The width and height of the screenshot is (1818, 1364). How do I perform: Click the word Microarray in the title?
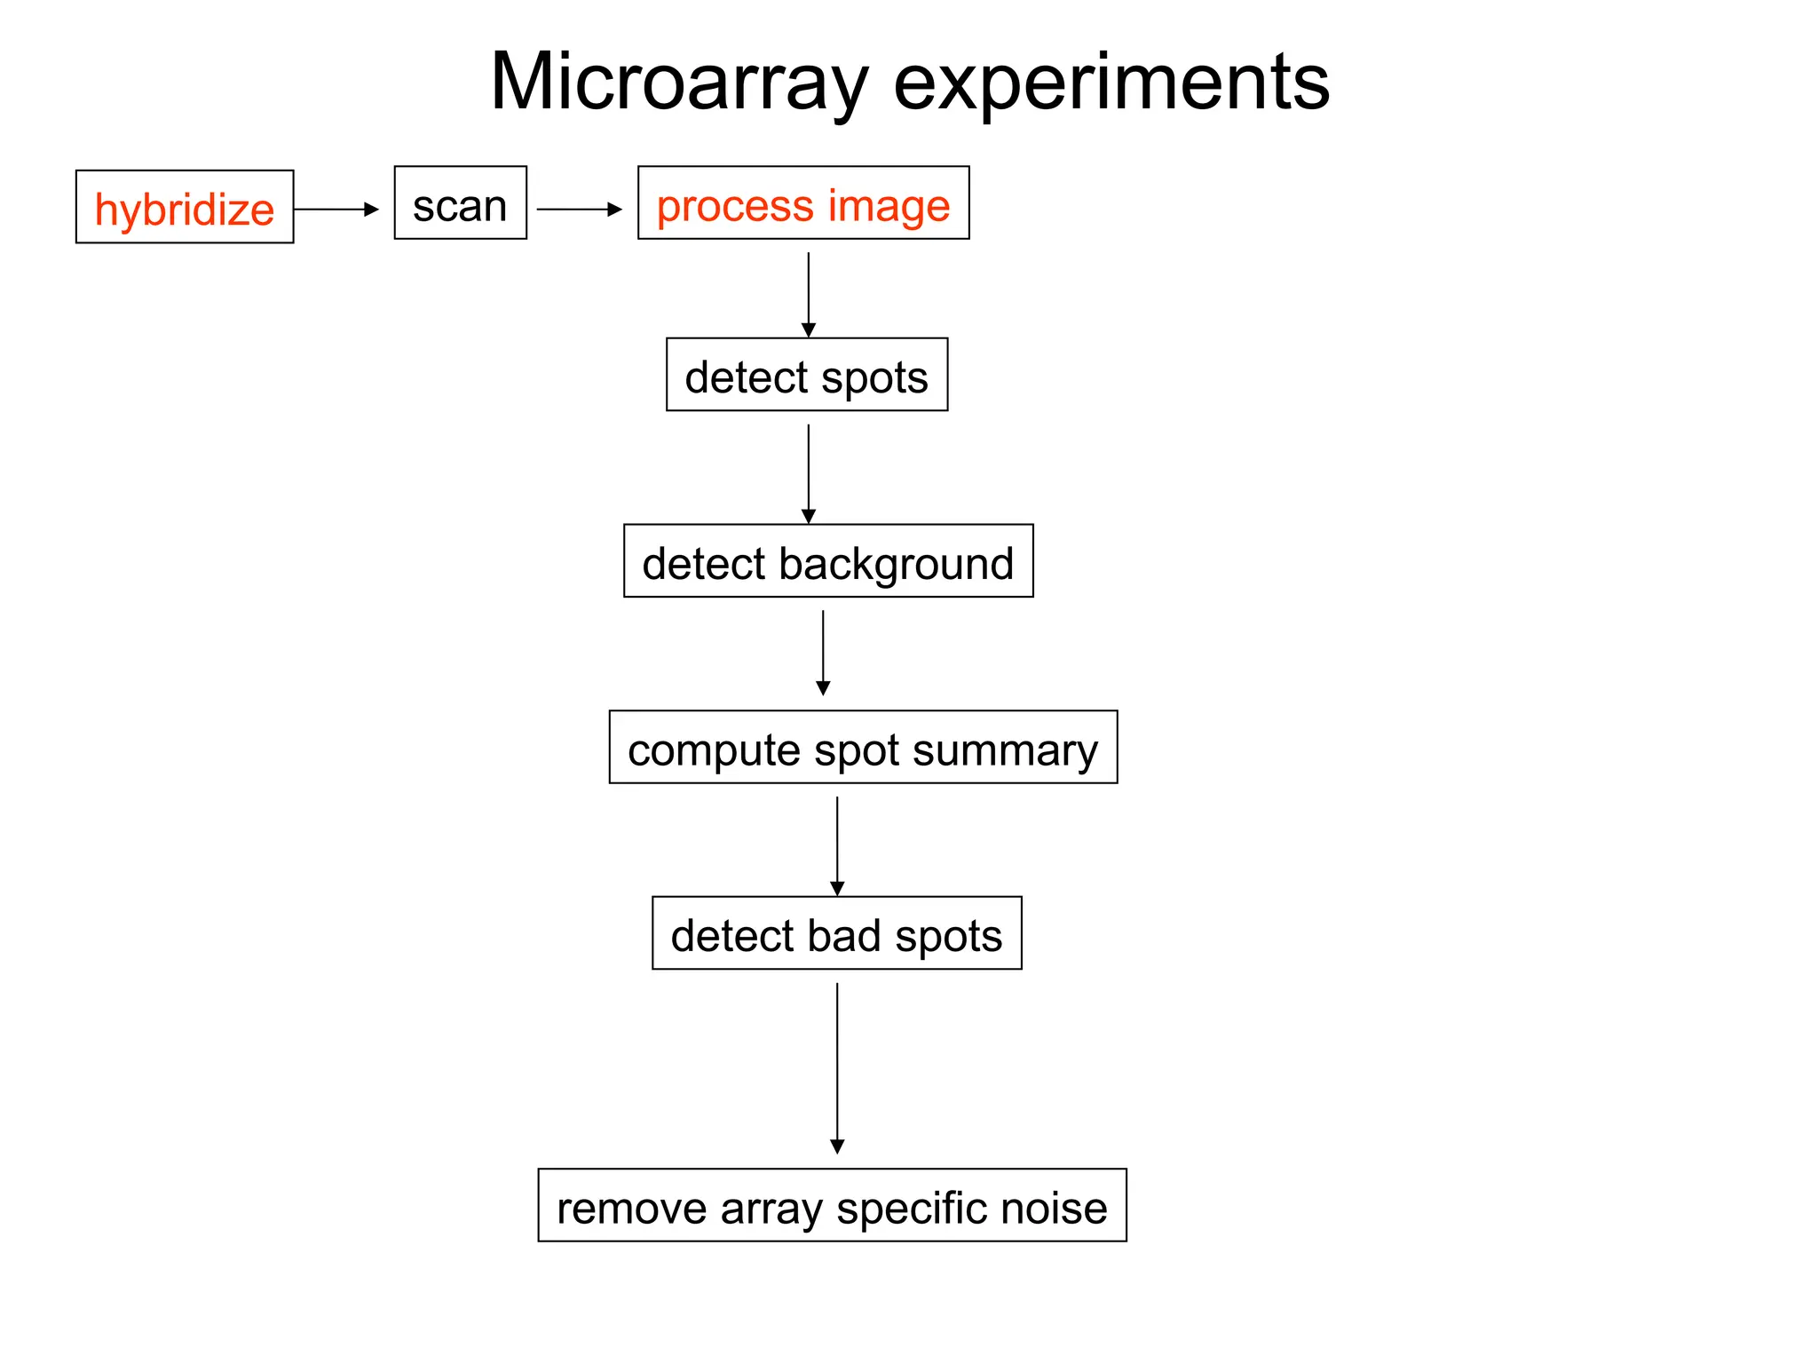(678, 82)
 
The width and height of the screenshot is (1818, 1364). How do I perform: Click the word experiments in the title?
(1111, 82)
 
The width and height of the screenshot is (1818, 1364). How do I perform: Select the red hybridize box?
(185, 207)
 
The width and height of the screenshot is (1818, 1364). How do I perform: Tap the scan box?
(460, 204)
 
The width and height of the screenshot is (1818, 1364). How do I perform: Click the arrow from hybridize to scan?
(336, 210)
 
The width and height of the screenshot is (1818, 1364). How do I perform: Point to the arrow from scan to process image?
(579, 210)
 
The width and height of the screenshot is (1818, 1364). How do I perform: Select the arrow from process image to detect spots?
(808, 293)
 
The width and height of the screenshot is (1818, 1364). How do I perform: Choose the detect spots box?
(806, 375)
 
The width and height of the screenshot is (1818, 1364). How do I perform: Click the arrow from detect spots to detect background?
(808, 473)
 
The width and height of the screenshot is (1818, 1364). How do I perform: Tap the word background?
(896, 563)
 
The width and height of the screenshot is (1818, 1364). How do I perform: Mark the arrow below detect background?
(823, 652)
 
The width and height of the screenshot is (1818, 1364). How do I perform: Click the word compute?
(714, 749)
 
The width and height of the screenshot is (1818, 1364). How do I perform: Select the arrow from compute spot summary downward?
(837, 845)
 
